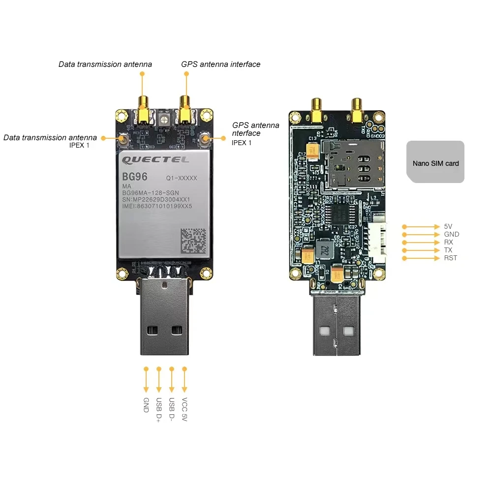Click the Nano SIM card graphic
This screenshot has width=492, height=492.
coord(435,162)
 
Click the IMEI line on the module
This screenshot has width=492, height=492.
coord(156,207)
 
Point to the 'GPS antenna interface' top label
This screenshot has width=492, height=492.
coord(220,64)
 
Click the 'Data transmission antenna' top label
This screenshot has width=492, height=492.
coord(105,64)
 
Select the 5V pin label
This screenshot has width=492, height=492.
coord(448,226)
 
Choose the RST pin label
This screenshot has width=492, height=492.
coord(450,258)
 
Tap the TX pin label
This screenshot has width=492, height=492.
coord(448,250)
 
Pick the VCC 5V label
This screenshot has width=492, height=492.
coord(184,409)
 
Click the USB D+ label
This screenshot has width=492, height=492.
coord(158,409)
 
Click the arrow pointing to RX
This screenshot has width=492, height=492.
coord(421,242)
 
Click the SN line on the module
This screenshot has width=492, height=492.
coord(156,199)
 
